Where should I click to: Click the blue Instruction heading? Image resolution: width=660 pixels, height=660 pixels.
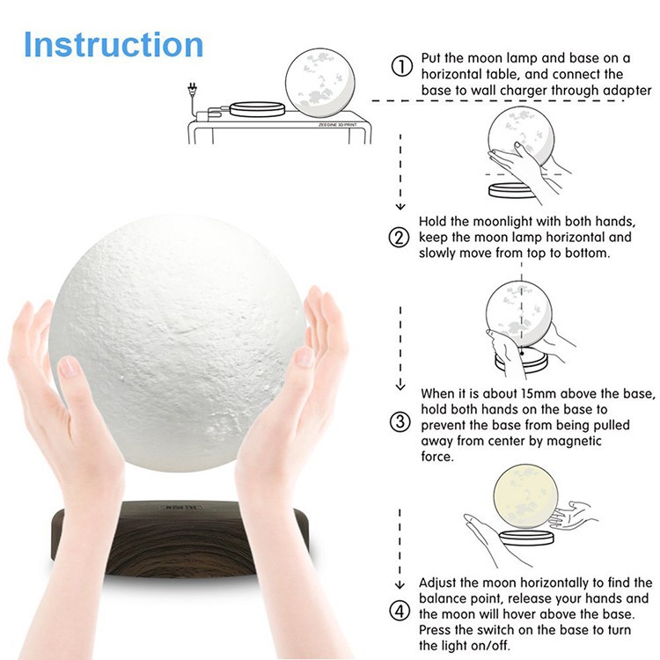(x=114, y=44)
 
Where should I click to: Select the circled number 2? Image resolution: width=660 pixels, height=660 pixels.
(x=400, y=238)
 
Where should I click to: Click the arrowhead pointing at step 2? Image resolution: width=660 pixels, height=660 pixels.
(x=401, y=207)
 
